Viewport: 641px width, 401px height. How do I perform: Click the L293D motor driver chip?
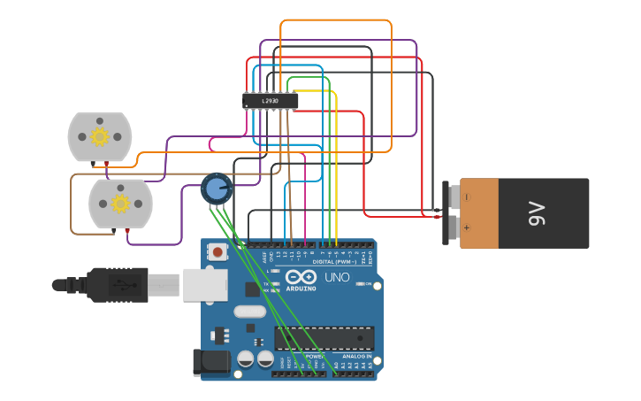(270, 101)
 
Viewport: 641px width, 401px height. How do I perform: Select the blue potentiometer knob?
(216, 188)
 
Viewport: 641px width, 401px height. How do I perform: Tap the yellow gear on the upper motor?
(99, 136)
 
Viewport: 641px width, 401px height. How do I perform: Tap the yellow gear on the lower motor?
(119, 204)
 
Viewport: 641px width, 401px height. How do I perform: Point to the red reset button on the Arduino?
(218, 252)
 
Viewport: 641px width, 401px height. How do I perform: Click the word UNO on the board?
(337, 277)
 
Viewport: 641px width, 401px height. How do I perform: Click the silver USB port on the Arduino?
(204, 285)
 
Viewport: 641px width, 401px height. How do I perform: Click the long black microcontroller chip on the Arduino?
(324, 338)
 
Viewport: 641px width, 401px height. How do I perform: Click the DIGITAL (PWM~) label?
(334, 262)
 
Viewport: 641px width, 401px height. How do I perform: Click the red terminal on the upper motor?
(107, 164)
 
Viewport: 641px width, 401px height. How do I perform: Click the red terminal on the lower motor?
(127, 230)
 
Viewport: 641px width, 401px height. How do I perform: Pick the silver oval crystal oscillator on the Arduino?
(249, 312)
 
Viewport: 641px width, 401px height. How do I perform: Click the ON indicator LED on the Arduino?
(358, 284)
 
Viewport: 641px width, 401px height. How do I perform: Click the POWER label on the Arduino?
(315, 357)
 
